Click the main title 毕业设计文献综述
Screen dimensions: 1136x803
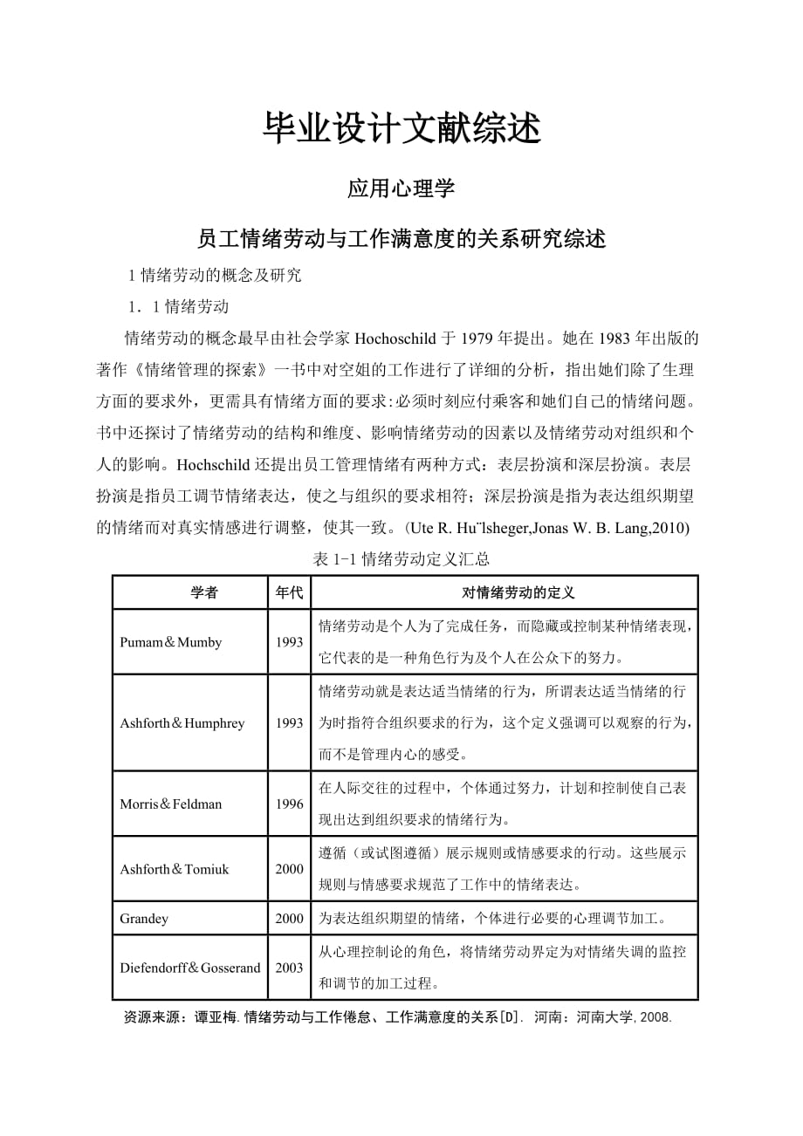[401, 127]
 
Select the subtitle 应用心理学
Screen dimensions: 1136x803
[401, 188]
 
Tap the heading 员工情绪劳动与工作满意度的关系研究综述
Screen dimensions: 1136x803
[401, 238]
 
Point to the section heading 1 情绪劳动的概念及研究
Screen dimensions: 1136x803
[215, 276]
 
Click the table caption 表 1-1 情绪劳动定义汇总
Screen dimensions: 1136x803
[401, 559]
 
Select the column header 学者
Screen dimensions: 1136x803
[204, 592]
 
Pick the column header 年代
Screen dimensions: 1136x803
[289, 592]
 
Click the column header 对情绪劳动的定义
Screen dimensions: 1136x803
[505, 592]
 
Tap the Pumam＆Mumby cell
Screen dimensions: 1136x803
[171, 642]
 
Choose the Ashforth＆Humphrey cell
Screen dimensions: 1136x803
[182, 723]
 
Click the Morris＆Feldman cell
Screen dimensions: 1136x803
[171, 804]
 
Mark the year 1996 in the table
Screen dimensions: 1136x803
[289, 804]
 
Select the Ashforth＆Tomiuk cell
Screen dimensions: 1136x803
[175, 869]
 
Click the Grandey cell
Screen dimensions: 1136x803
[144, 918]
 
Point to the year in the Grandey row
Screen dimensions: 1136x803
[289, 918]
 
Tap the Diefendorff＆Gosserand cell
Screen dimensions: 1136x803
[190, 968]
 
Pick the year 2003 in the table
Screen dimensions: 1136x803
[289, 968]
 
